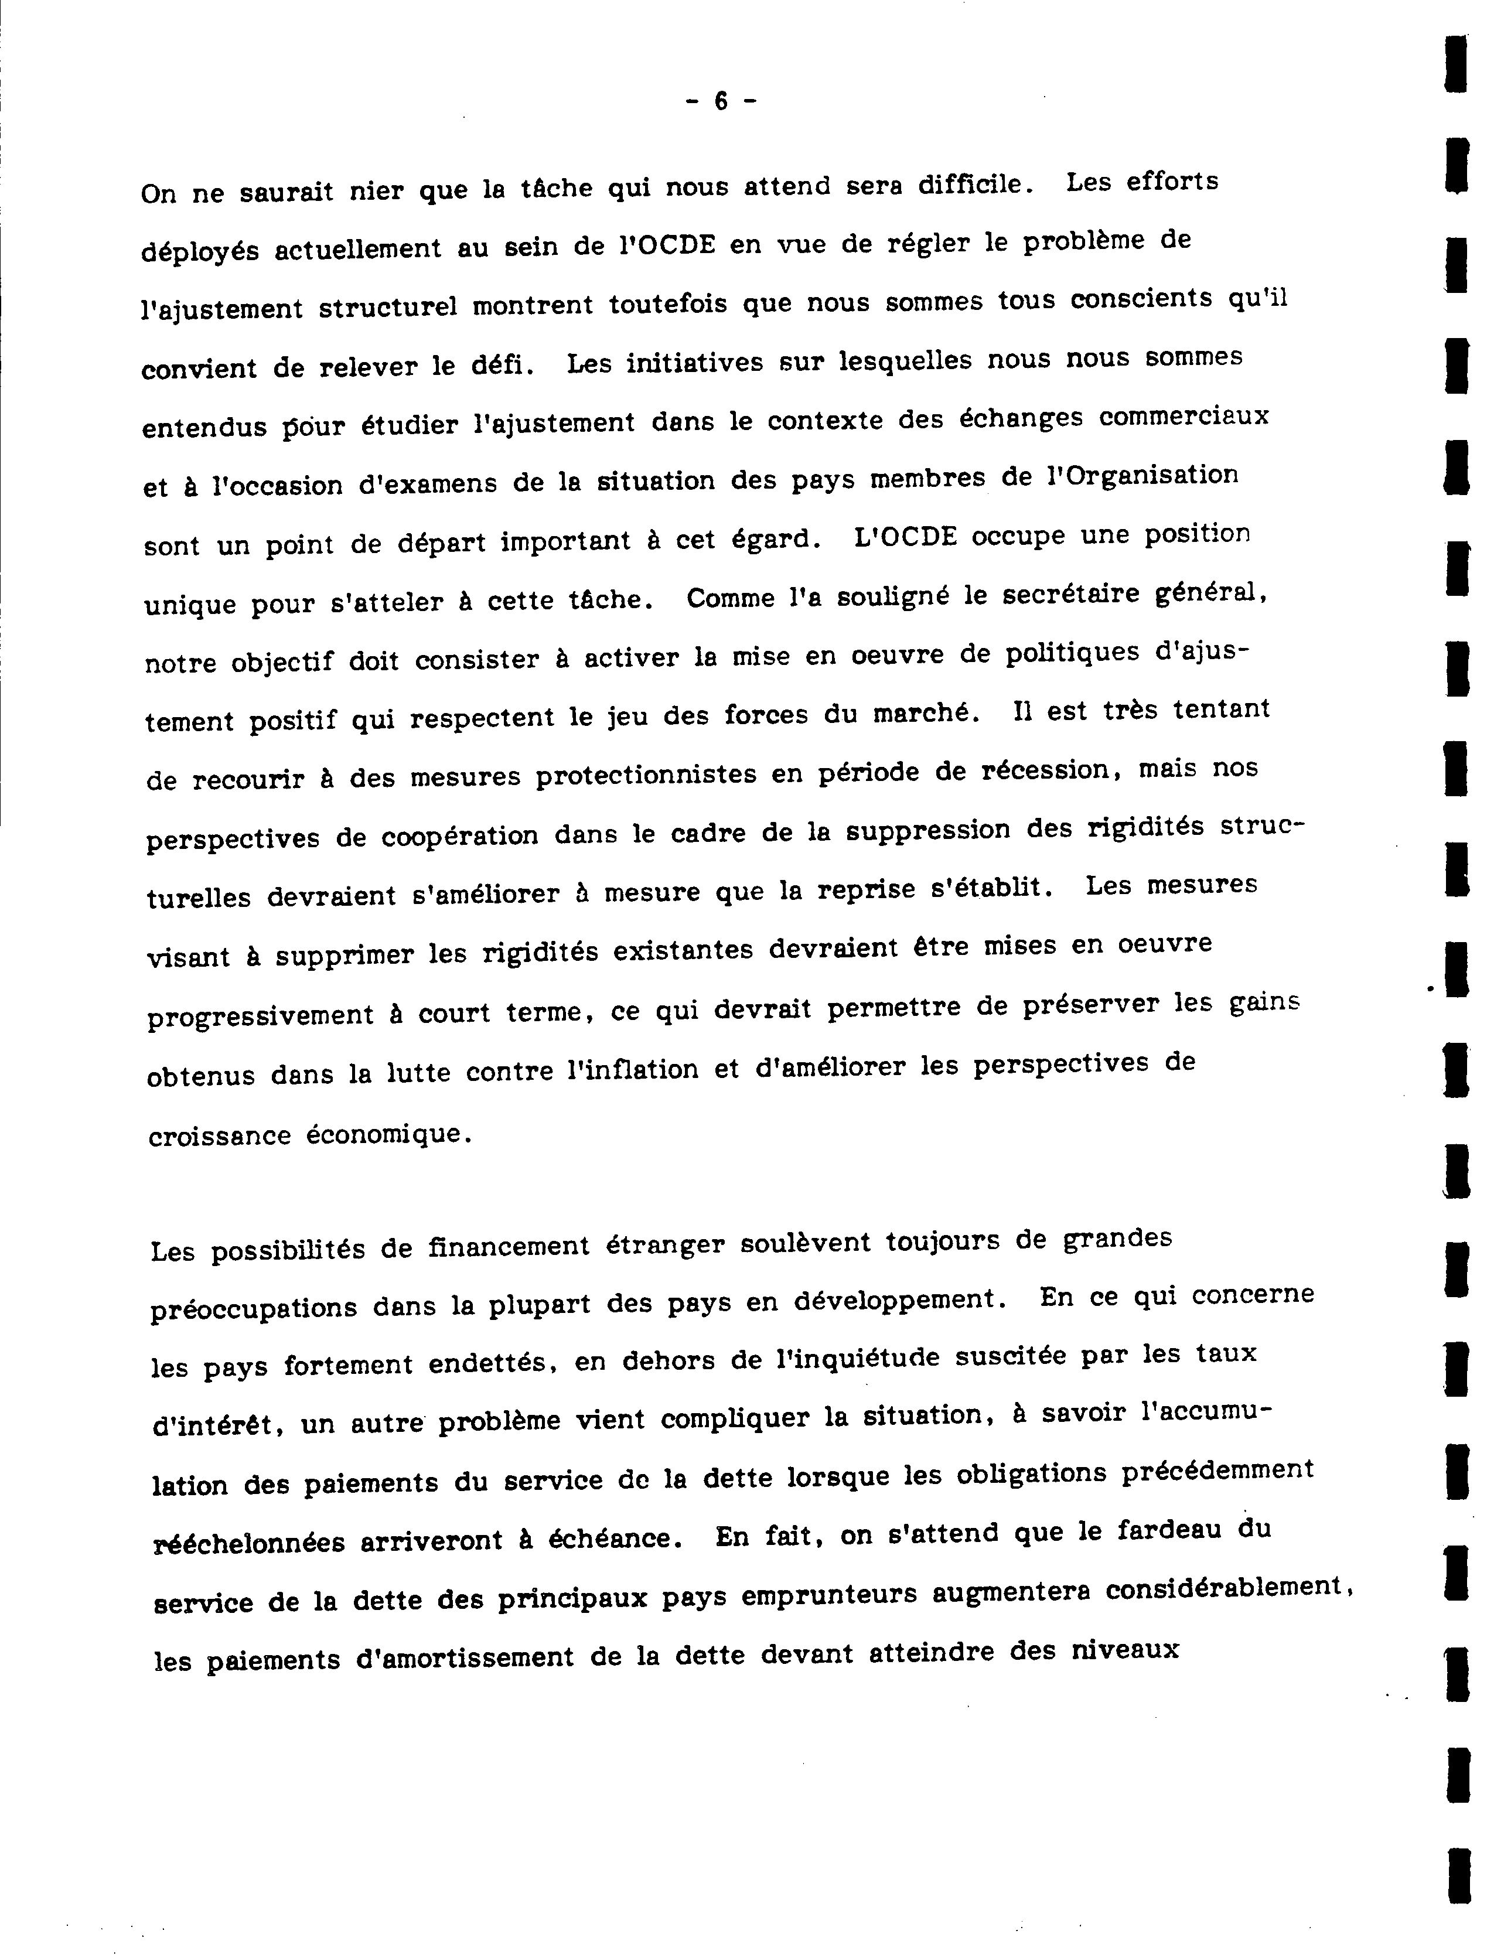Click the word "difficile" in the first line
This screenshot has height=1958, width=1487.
(969, 184)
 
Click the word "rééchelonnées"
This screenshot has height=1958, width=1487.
(249, 1543)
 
